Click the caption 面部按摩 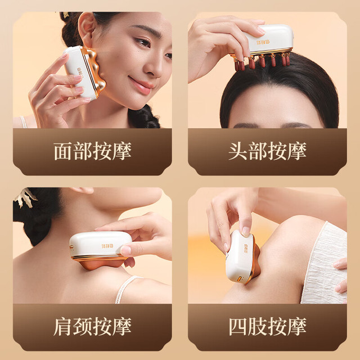92,151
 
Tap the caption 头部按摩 268,151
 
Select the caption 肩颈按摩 92,326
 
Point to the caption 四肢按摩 268,326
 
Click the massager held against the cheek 84,72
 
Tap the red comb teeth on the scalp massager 262,61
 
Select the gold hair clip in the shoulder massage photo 25,197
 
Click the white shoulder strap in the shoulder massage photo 126,289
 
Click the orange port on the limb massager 240,279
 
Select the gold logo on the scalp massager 263,42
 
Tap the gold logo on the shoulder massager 107,246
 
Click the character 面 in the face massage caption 63,151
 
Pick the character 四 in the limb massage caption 238,326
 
